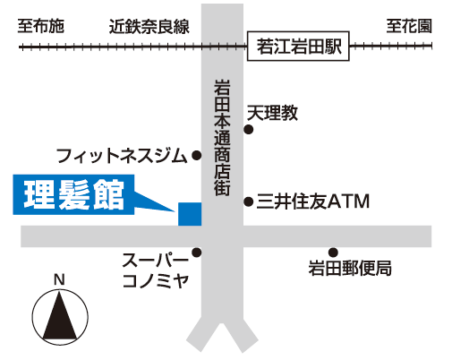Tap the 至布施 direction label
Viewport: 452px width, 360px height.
(41, 27)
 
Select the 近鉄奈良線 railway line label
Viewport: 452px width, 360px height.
(149, 27)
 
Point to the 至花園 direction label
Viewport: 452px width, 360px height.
(409, 27)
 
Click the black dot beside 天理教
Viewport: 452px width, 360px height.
(249, 130)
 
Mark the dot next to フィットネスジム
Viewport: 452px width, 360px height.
(196, 155)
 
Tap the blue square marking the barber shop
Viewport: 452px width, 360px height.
(190, 214)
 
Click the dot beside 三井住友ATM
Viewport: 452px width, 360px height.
(249, 202)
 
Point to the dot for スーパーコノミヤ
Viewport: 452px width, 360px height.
(196, 253)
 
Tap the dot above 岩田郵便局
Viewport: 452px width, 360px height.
(333, 253)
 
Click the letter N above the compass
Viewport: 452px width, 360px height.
(59, 280)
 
